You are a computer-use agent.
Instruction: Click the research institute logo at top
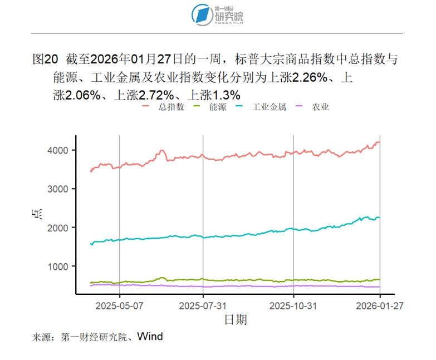pos(217,14)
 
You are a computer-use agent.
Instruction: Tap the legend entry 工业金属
pos(268,106)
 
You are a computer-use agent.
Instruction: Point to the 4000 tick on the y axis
pos(58,150)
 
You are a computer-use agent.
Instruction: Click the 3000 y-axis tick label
pos(58,189)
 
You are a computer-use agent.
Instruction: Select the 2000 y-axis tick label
pos(58,228)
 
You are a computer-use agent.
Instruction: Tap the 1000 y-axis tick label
pos(58,267)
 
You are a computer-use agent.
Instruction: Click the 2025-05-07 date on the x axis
pos(120,305)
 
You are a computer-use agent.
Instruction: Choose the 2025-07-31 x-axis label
pos(203,305)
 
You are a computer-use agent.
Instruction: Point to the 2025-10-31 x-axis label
pos(293,305)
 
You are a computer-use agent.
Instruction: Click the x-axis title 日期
pos(235,319)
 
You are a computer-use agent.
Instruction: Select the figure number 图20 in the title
pos(46,60)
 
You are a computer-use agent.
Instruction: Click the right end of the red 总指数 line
pos(380,142)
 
